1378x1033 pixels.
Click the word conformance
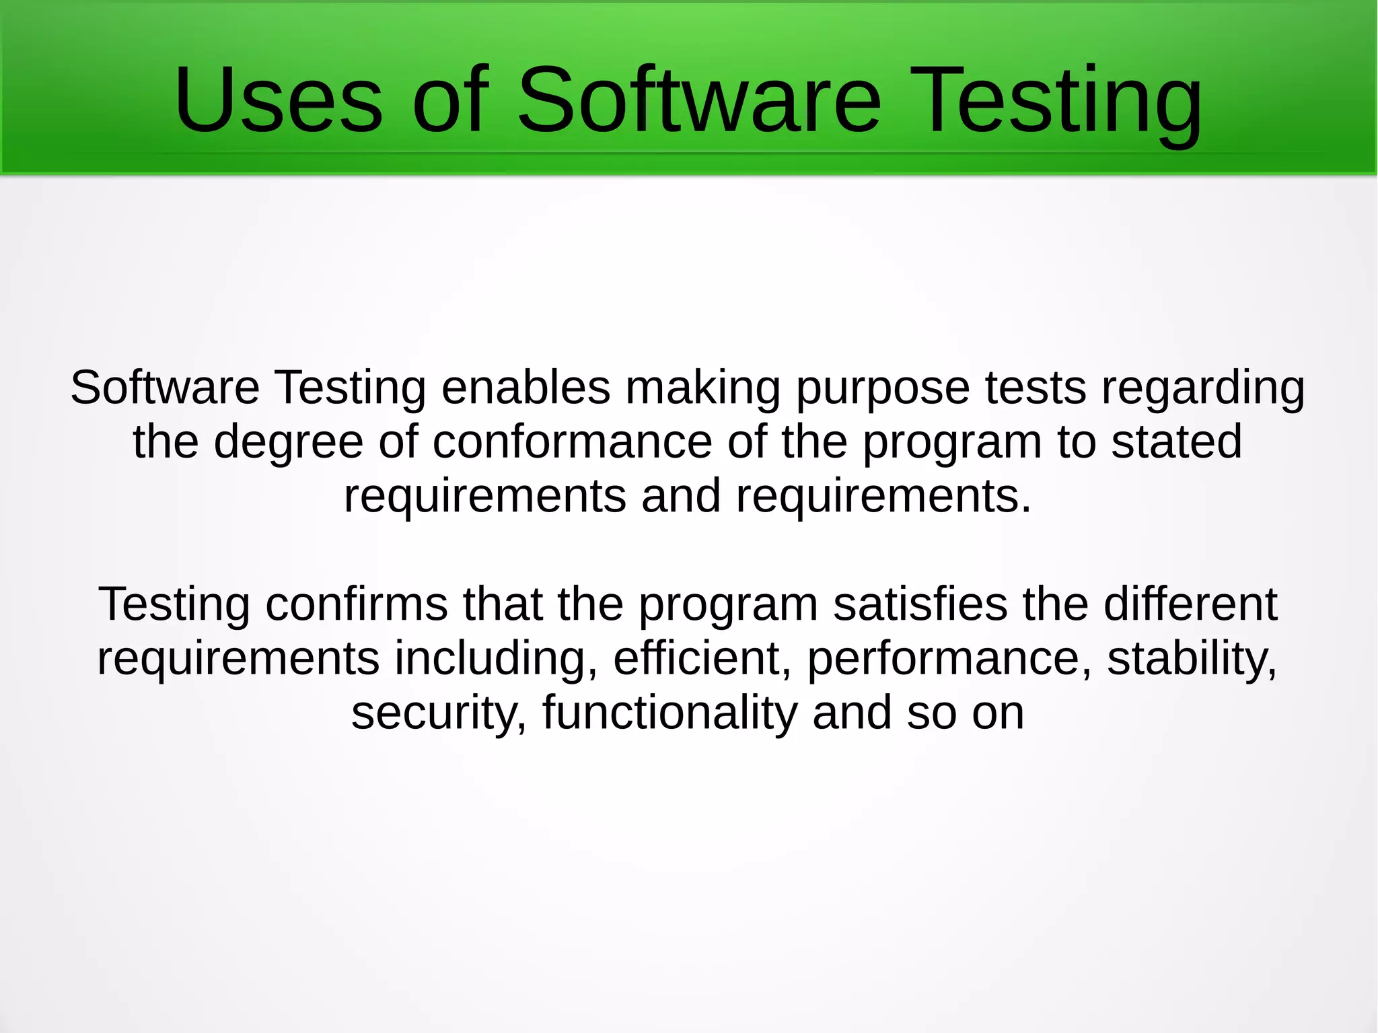[x=572, y=442]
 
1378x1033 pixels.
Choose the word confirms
[x=357, y=604]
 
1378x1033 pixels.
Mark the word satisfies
[x=920, y=604]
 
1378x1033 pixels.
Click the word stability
[x=1192, y=660]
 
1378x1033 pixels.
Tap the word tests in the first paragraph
[x=1036, y=388]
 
